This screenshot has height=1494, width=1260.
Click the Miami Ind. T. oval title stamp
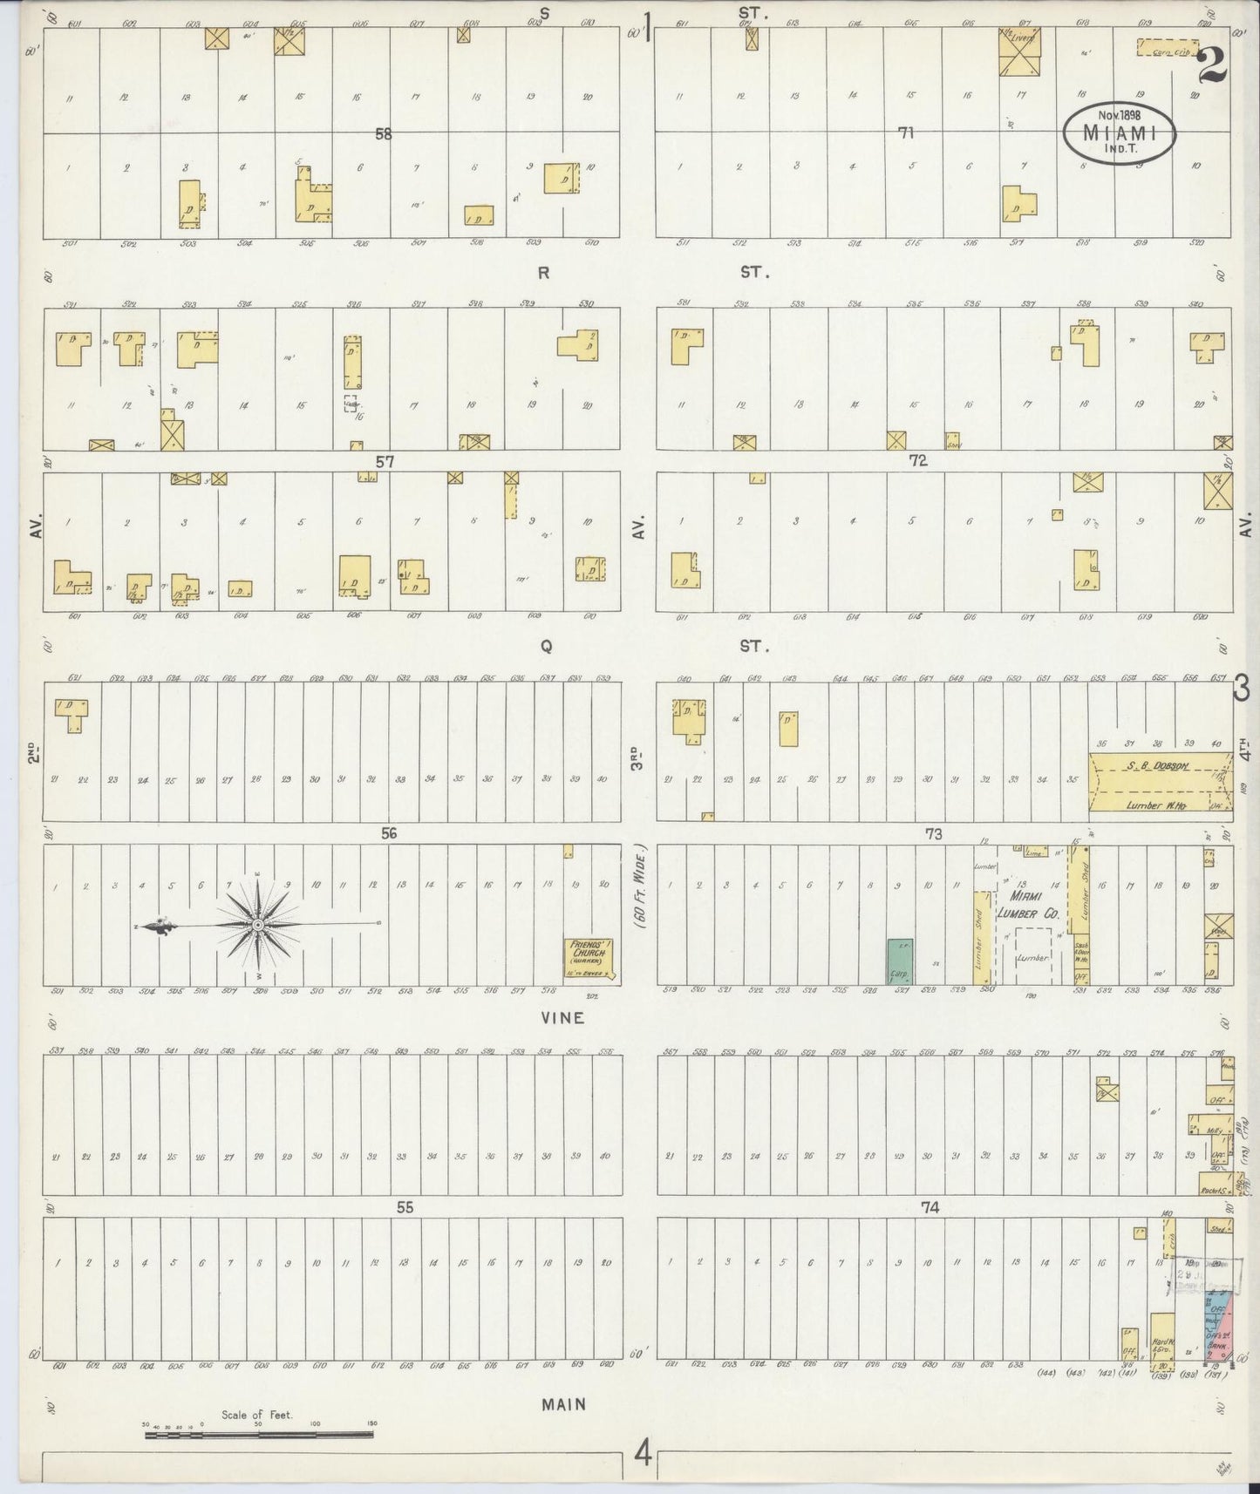tap(1120, 132)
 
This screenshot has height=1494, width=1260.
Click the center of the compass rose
tap(258, 924)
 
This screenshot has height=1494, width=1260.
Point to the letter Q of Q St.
tap(547, 646)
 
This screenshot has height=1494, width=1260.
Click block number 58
tap(383, 133)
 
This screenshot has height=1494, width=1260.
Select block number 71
tap(907, 132)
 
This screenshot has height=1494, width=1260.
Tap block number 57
tap(385, 462)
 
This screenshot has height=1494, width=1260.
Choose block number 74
tap(930, 1207)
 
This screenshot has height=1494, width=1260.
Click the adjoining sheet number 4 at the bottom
tap(642, 1453)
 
